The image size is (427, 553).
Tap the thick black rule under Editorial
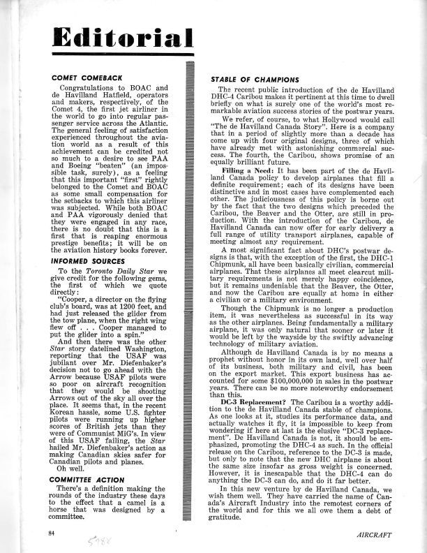[122, 55]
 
